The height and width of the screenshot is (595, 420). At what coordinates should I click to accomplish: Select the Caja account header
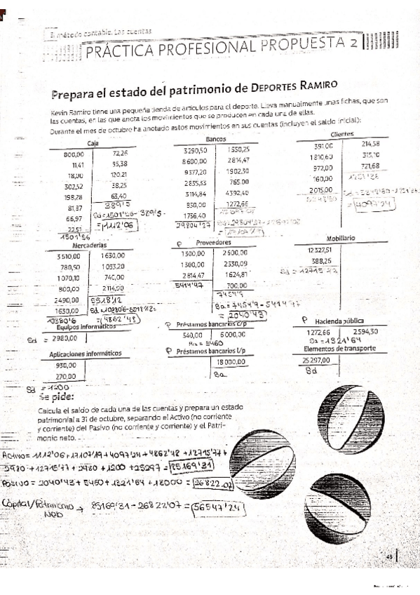92,142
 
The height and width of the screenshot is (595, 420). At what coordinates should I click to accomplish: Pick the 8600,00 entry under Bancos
194,160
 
